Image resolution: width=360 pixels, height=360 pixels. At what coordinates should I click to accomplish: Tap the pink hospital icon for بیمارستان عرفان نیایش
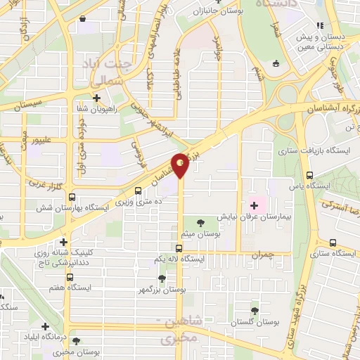pyautogui.click(x=254, y=205)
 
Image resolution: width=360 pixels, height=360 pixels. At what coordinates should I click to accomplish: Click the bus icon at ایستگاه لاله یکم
pyautogui.click(x=179, y=247)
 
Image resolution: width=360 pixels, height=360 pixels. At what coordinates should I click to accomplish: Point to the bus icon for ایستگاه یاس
pyautogui.click(x=310, y=176)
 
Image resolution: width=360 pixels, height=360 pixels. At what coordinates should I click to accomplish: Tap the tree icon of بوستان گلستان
pyautogui.click(x=254, y=310)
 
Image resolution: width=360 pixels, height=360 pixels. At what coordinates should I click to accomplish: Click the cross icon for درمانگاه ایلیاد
pyautogui.click(x=45, y=326)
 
